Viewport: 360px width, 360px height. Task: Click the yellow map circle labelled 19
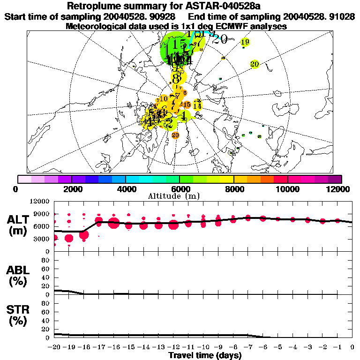(245, 42)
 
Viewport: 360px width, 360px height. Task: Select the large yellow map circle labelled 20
(255, 64)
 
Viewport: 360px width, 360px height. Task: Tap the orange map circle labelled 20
(175, 135)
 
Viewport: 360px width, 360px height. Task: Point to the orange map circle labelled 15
(187, 105)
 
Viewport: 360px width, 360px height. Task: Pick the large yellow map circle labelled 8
(177, 77)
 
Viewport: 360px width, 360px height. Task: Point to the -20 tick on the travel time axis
(55, 347)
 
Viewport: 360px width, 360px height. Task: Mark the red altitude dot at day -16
(113, 223)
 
